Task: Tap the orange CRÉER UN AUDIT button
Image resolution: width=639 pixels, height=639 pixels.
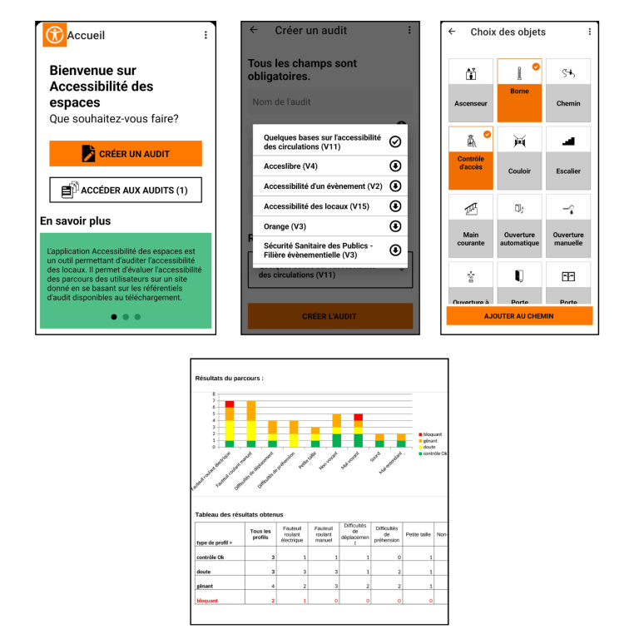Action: point(126,154)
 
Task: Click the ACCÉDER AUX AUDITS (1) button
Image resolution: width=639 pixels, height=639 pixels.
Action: point(126,191)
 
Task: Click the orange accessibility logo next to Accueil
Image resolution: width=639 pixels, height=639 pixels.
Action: point(55,35)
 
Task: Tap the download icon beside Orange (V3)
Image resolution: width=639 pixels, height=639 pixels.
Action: point(396,226)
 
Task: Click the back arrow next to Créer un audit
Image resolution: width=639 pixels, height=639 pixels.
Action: point(254,30)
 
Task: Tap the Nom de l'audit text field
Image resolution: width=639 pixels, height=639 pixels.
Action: point(329,102)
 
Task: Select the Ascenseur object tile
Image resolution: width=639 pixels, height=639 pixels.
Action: point(471,89)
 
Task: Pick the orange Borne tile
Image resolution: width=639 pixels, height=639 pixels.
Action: point(519,89)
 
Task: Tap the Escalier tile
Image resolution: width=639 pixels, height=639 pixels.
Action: point(568,157)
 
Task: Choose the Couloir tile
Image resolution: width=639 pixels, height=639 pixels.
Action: point(519,157)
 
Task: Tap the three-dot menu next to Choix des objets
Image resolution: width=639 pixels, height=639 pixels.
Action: point(590,32)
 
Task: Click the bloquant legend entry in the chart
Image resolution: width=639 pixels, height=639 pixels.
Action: point(431,434)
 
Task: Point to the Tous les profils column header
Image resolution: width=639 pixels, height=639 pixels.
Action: point(260,533)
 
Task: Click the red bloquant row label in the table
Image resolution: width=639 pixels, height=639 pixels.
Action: point(206,600)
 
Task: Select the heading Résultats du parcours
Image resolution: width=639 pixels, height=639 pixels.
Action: point(229,378)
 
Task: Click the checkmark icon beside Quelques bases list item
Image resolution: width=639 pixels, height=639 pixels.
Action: point(396,142)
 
